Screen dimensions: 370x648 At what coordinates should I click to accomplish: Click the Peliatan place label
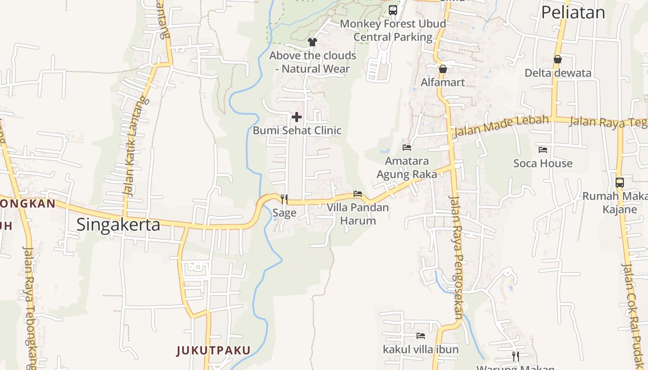coord(573,12)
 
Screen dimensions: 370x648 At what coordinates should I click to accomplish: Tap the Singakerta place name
coord(118,225)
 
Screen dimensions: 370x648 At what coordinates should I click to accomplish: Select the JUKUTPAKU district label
coord(213,350)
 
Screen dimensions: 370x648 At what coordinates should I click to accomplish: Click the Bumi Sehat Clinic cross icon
coord(297,117)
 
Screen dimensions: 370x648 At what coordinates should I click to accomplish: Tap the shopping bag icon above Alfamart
coord(443,69)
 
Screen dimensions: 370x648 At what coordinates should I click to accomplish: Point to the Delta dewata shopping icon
coord(558,59)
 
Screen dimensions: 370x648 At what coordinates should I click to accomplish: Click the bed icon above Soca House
coord(543,149)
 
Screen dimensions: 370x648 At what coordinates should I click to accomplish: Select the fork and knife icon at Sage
coord(284,199)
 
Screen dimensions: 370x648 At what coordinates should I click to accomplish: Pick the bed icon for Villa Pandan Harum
coord(358,193)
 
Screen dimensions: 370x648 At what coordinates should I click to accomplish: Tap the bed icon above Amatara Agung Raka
coord(407,147)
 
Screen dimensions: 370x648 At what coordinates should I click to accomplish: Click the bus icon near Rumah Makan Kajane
coord(620,182)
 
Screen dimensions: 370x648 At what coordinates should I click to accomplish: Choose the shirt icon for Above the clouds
coord(312,42)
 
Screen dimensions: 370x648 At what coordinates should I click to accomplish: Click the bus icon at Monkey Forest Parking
coord(393,10)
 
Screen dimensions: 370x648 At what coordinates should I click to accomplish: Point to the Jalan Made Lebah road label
coord(502,126)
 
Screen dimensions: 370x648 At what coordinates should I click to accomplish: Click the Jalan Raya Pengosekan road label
coord(456,258)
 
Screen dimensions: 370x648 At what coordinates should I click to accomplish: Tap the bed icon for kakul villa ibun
coord(421,335)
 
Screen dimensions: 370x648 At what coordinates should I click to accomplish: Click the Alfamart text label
coord(443,82)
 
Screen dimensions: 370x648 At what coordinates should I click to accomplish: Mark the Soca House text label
coord(543,163)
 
